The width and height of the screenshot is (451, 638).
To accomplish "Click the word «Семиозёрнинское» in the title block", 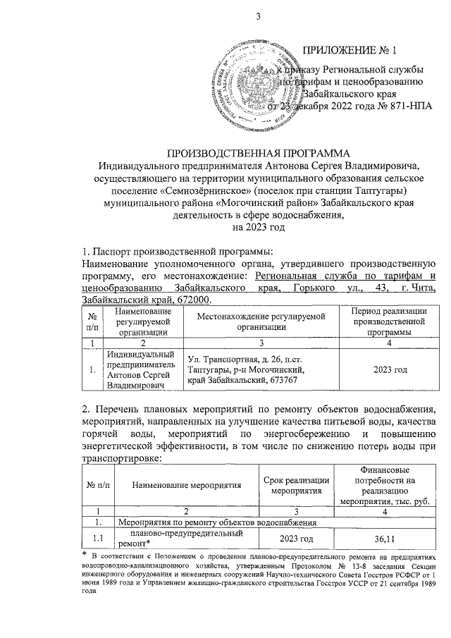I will (x=217, y=191).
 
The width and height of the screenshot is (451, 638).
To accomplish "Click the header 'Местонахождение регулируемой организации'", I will (x=259, y=321).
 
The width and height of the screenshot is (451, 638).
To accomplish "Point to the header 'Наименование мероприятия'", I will (x=187, y=485).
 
